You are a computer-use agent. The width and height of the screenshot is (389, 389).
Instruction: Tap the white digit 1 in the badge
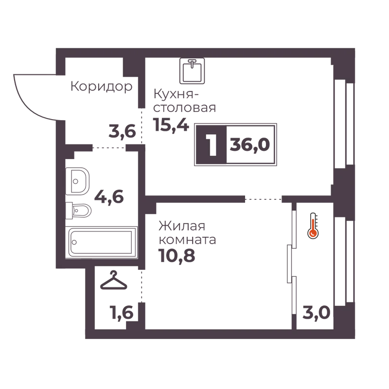(211, 144)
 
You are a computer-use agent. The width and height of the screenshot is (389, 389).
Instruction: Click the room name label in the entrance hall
(101, 87)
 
